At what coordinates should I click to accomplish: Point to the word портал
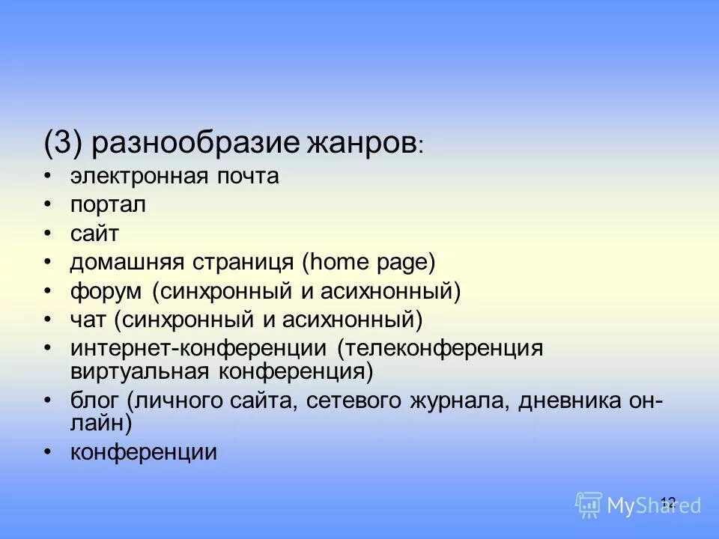tap(108, 205)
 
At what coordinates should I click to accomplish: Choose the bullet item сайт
tap(94, 234)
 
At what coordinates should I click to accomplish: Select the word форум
tap(106, 292)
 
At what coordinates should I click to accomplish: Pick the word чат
tap(88, 320)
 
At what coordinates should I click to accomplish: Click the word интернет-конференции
tap(198, 349)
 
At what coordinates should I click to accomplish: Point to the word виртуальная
tap(140, 370)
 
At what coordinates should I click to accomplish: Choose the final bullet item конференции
tap(144, 452)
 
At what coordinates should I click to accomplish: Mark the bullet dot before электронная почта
tap(49, 177)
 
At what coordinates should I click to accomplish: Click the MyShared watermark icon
tap(589, 505)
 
